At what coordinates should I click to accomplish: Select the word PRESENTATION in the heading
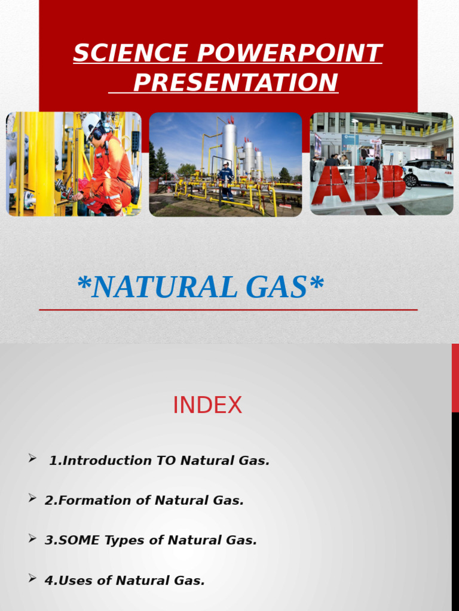coord(235,82)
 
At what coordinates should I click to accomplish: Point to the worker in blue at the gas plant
coord(226,180)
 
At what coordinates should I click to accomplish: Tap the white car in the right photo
coord(428,172)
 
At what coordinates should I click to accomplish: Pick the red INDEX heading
coord(207,406)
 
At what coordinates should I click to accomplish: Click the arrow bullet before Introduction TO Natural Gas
coord(32,458)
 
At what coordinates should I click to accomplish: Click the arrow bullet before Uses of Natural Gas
coord(32,578)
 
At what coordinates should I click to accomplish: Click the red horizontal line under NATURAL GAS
coord(228,310)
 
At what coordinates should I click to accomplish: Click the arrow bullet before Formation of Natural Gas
coord(32,498)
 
